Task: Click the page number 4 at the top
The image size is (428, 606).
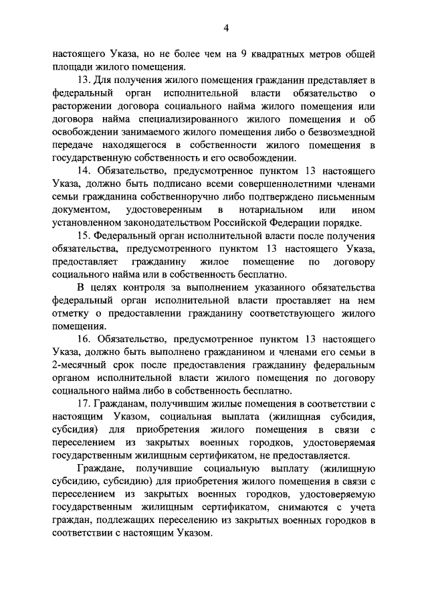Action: pos(227,27)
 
